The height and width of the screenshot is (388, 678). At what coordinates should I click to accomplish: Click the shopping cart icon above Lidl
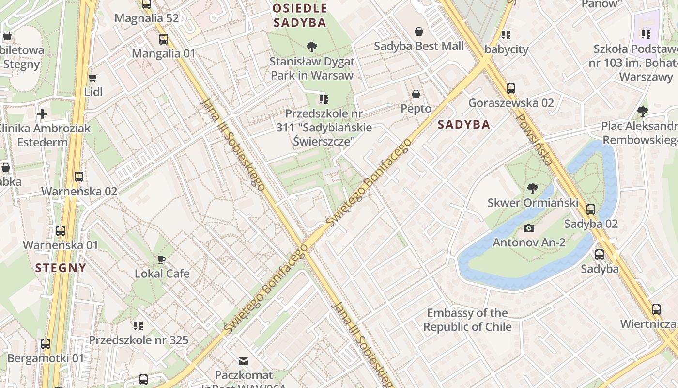(92, 78)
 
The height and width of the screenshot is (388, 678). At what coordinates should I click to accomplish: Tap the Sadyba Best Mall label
(419, 46)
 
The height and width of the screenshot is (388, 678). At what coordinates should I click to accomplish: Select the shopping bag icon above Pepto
(416, 94)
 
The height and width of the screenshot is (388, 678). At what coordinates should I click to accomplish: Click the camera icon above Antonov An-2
(529, 228)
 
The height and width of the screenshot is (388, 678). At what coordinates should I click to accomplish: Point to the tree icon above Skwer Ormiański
(533, 188)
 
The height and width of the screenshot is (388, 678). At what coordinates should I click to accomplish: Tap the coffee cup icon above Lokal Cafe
(162, 259)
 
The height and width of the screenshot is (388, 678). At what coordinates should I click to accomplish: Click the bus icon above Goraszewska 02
(511, 89)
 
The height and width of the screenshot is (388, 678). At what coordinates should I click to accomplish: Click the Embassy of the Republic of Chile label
(467, 320)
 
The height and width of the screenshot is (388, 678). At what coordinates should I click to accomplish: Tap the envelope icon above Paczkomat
(244, 361)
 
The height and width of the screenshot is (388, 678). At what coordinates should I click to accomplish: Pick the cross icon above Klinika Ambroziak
(42, 114)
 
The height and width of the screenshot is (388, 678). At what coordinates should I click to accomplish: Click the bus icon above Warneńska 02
(79, 177)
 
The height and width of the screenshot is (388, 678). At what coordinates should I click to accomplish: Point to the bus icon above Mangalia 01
(164, 39)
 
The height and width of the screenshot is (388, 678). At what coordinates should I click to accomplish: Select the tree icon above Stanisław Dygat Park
(312, 47)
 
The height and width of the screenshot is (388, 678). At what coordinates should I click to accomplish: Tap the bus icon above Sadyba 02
(591, 210)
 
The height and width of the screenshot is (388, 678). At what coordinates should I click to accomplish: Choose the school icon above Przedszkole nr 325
(139, 326)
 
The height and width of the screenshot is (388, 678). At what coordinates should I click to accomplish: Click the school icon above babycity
(506, 35)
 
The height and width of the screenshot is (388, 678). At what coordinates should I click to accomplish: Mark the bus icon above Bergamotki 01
(46, 344)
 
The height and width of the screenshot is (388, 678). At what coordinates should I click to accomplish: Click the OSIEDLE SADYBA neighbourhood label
(300, 16)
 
